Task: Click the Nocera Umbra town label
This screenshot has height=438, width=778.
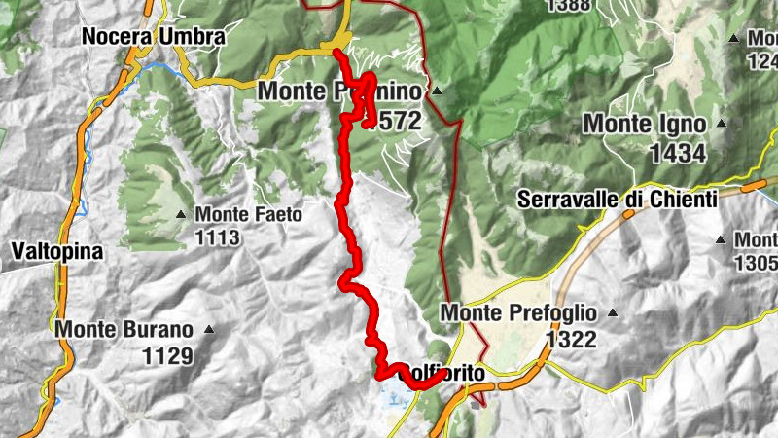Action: (154, 37)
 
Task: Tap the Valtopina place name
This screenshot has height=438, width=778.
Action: (57, 251)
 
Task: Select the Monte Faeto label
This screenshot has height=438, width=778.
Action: (249, 214)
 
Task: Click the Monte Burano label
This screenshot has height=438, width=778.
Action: (124, 329)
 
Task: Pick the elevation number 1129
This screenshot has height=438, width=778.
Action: (167, 356)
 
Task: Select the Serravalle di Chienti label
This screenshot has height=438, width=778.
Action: (618, 200)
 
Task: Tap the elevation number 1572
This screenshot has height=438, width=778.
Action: (394, 121)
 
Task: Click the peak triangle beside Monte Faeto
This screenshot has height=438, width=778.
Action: (181, 214)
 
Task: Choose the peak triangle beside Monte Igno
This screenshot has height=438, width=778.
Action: (721, 124)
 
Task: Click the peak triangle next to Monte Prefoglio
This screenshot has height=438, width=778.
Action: (613, 313)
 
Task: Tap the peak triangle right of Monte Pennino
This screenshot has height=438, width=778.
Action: (437, 92)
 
